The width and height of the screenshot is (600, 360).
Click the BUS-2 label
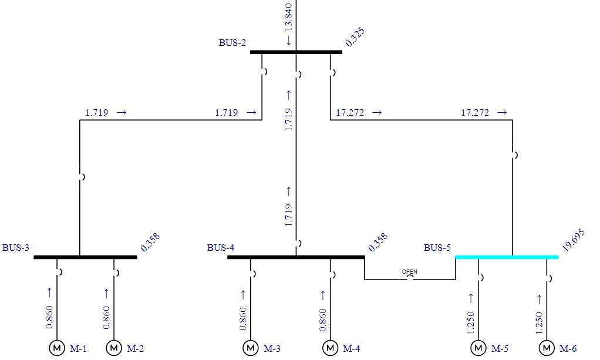coord(232,43)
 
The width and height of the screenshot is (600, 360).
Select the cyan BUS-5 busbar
coord(507,257)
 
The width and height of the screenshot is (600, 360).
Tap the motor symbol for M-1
coord(57,348)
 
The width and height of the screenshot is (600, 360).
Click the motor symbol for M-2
coord(114,348)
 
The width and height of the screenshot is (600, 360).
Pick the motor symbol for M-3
coord(251,348)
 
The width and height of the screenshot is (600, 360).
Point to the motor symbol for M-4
coord(330,348)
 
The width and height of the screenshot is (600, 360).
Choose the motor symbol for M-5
coord(478,348)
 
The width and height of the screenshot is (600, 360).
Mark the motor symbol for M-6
coord(547,348)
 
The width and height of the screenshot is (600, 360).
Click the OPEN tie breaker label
coord(409,272)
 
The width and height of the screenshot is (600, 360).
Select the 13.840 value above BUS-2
coord(288,17)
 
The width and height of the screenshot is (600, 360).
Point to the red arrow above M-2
coord(106,292)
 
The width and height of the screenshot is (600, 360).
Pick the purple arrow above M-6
coord(539,300)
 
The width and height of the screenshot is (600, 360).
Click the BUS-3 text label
coord(16,248)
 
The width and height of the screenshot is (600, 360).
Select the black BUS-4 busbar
coord(296,257)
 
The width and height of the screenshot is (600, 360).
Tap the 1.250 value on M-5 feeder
coord(470,322)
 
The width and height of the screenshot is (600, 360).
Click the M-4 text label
coord(351,349)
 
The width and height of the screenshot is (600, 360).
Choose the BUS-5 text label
coord(437,248)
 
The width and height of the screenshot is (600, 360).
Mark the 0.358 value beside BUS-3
coord(150,242)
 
